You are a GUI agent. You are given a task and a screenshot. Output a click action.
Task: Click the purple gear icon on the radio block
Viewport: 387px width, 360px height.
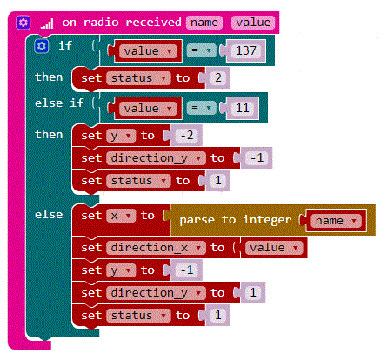click(23, 23)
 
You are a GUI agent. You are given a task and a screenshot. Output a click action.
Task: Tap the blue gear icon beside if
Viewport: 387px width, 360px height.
click(41, 46)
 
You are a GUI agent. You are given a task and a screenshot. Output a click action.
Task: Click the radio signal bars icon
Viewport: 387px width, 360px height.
click(47, 23)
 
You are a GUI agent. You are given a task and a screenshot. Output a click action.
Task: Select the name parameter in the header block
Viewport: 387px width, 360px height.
click(204, 23)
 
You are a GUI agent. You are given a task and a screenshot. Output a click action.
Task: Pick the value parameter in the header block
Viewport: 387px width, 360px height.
click(253, 23)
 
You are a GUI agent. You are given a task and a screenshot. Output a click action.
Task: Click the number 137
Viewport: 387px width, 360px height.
click(246, 50)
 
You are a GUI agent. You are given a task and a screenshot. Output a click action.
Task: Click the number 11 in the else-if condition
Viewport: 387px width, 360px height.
click(243, 108)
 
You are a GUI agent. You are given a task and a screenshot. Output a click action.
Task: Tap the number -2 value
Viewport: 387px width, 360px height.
click(187, 135)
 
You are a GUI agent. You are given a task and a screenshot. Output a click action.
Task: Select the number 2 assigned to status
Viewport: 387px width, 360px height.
click(218, 77)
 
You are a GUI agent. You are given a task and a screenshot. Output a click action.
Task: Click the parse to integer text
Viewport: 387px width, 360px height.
click(235, 220)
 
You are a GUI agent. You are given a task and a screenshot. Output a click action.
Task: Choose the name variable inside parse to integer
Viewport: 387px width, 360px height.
click(336, 221)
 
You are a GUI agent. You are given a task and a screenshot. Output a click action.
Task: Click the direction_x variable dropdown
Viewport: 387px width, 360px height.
click(156, 248)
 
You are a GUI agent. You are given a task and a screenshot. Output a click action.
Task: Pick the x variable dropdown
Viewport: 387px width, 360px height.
click(121, 216)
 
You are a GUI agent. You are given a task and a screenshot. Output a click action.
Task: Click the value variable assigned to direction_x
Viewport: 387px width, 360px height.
click(274, 248)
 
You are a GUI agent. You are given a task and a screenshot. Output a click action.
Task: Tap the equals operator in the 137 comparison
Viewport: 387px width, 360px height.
click(201, 50)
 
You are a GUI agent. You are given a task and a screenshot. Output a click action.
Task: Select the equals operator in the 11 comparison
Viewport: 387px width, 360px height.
click(201, 108)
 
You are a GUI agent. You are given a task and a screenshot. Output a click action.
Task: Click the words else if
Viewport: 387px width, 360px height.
click(59, 103)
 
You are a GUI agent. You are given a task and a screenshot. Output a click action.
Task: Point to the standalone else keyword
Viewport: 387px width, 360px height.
click(49, 215)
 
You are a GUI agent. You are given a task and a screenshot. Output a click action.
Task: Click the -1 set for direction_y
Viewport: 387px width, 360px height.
click(257, 157)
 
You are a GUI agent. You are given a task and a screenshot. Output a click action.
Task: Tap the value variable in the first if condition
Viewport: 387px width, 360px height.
click(148, 51)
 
